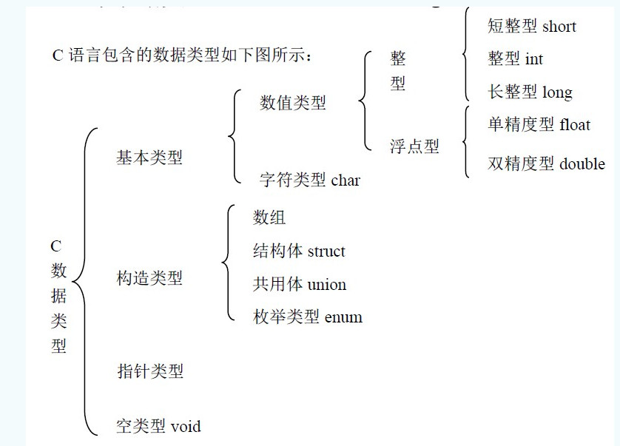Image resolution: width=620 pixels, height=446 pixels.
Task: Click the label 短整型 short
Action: (532, 27)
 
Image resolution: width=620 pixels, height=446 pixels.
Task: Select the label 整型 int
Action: (516, 59)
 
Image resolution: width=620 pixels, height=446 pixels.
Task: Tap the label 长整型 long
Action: (530, 92)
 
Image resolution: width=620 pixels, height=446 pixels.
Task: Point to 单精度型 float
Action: (539, 124)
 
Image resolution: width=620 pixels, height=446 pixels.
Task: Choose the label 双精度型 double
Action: (546, 163)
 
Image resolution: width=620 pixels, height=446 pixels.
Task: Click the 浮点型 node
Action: (414, 146)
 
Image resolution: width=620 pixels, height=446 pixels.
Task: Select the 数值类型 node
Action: (293, 103)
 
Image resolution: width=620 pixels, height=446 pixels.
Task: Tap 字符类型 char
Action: (309, 180)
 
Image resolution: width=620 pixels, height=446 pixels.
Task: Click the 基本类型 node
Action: (149, 157)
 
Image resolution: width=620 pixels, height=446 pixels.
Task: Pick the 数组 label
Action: (269, 217)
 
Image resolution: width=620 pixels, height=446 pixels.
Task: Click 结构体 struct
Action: (299, 251)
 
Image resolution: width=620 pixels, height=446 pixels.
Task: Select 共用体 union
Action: (299, 284)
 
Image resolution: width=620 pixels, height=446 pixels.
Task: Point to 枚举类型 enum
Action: (307, 317)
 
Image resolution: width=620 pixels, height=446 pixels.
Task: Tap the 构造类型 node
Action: (149, 278)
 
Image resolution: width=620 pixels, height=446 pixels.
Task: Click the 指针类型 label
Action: (149, 371)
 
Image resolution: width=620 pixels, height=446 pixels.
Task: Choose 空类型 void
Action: (158, 426)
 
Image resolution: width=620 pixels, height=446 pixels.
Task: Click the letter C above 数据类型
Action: (56, 246)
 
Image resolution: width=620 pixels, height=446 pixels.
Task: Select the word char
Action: (346, 180)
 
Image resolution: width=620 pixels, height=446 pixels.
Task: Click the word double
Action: (582, 163)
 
